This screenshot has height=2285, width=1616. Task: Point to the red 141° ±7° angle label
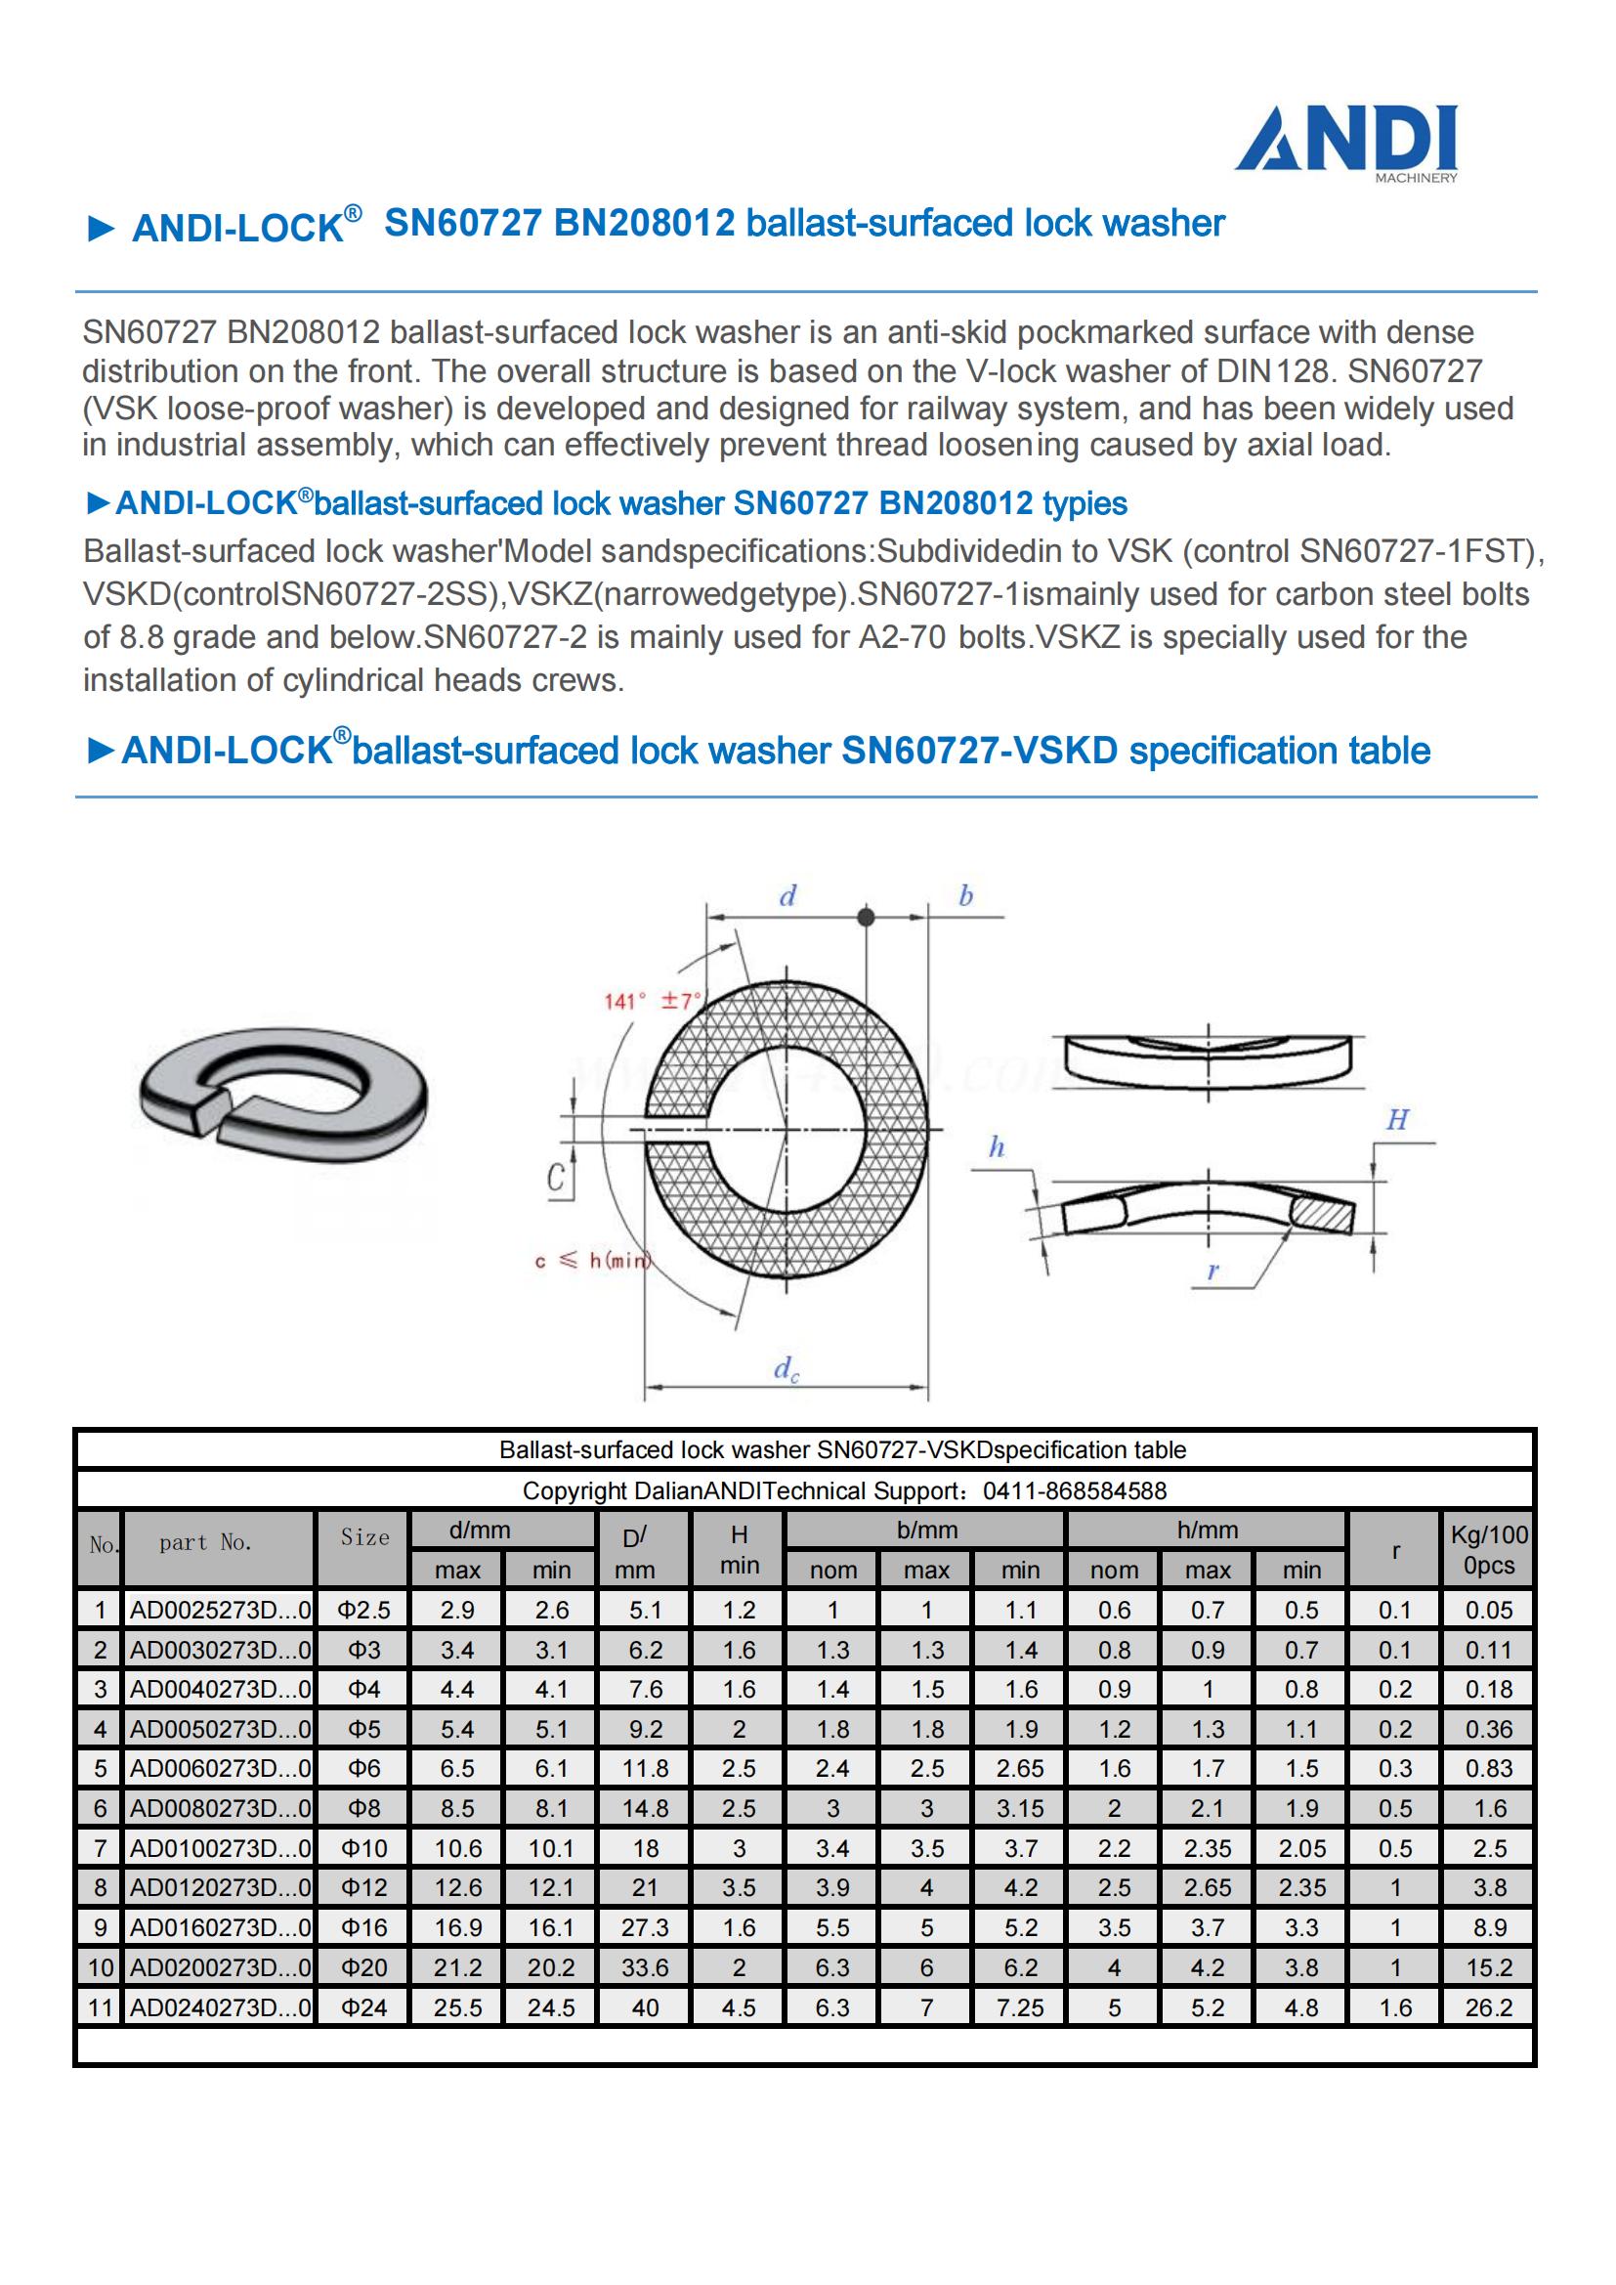652,1000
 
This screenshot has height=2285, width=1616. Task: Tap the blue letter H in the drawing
1397,1120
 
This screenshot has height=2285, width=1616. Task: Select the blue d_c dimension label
787,1369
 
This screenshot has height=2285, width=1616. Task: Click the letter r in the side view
1213,1270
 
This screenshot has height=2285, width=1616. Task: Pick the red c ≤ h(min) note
592,1261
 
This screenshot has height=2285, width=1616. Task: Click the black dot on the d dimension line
866,917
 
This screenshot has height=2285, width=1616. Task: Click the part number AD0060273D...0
219,1769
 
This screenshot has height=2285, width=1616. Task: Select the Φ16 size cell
364,1927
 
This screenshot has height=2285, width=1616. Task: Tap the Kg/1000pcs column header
1489,1549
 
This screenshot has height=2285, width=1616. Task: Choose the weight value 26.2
1489,2007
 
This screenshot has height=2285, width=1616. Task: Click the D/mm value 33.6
645,1967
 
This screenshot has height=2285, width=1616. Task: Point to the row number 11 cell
100,2007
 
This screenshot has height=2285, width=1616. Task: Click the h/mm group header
1207,1530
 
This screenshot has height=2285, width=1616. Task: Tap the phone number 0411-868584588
1075,1490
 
